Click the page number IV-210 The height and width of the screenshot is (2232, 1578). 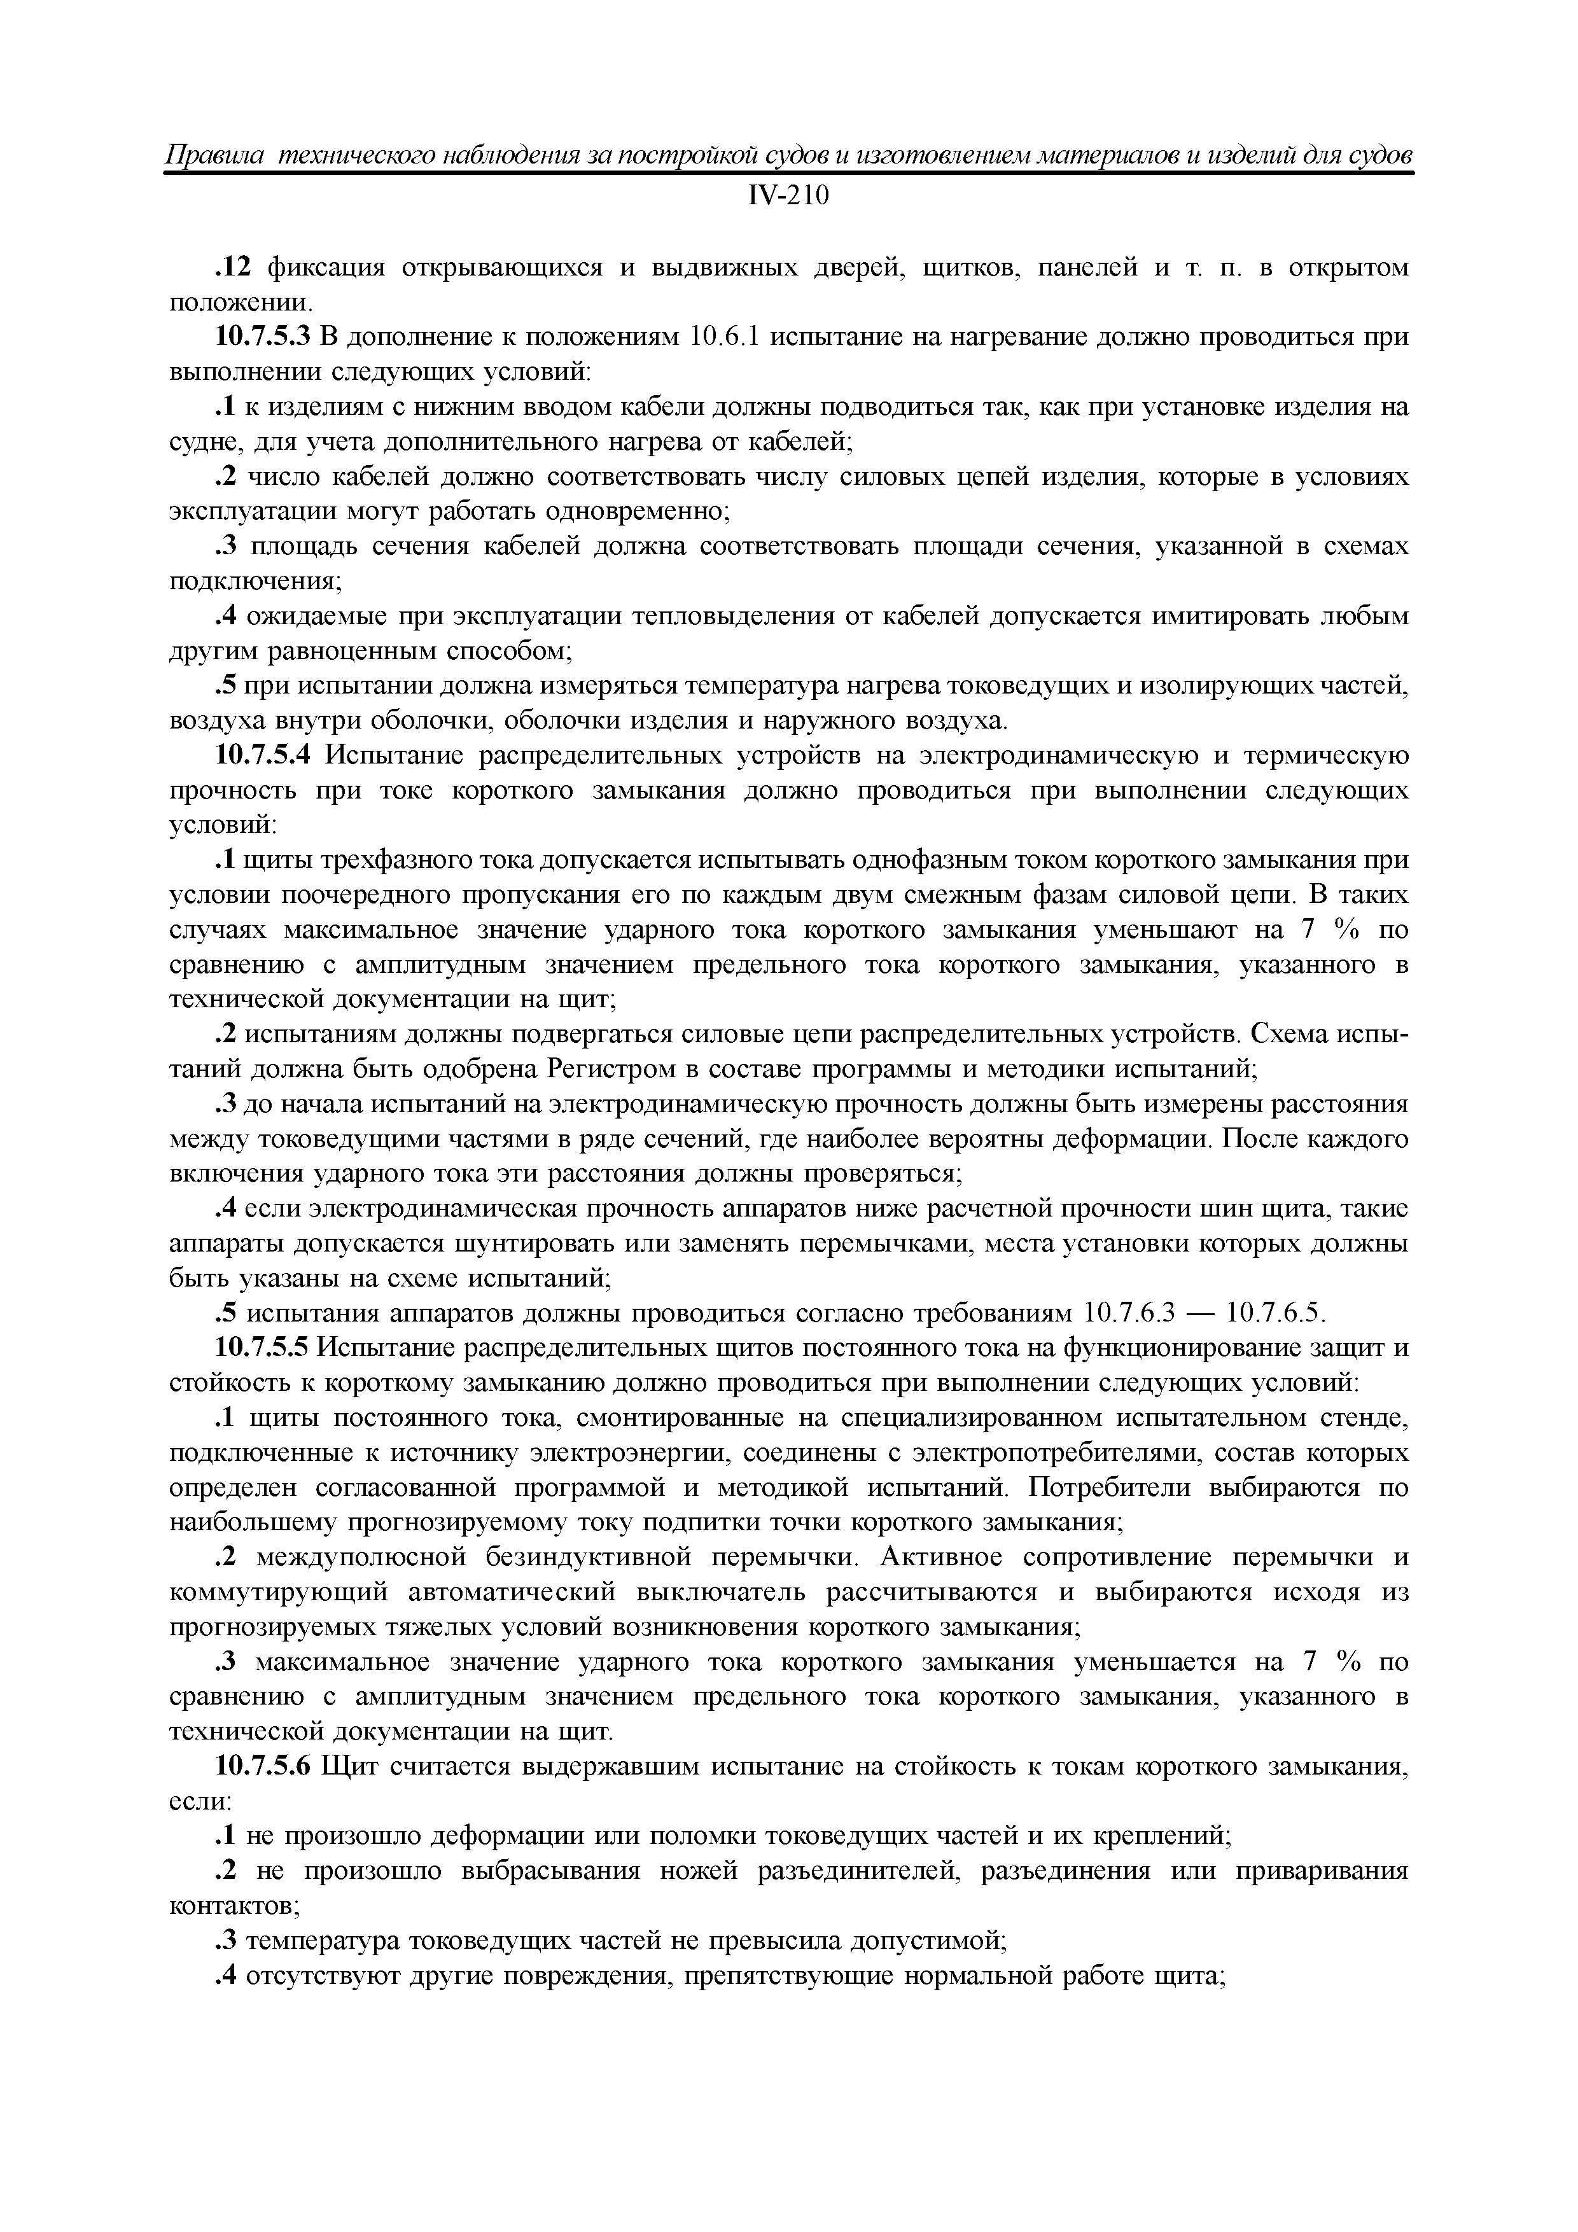point(788,197)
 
